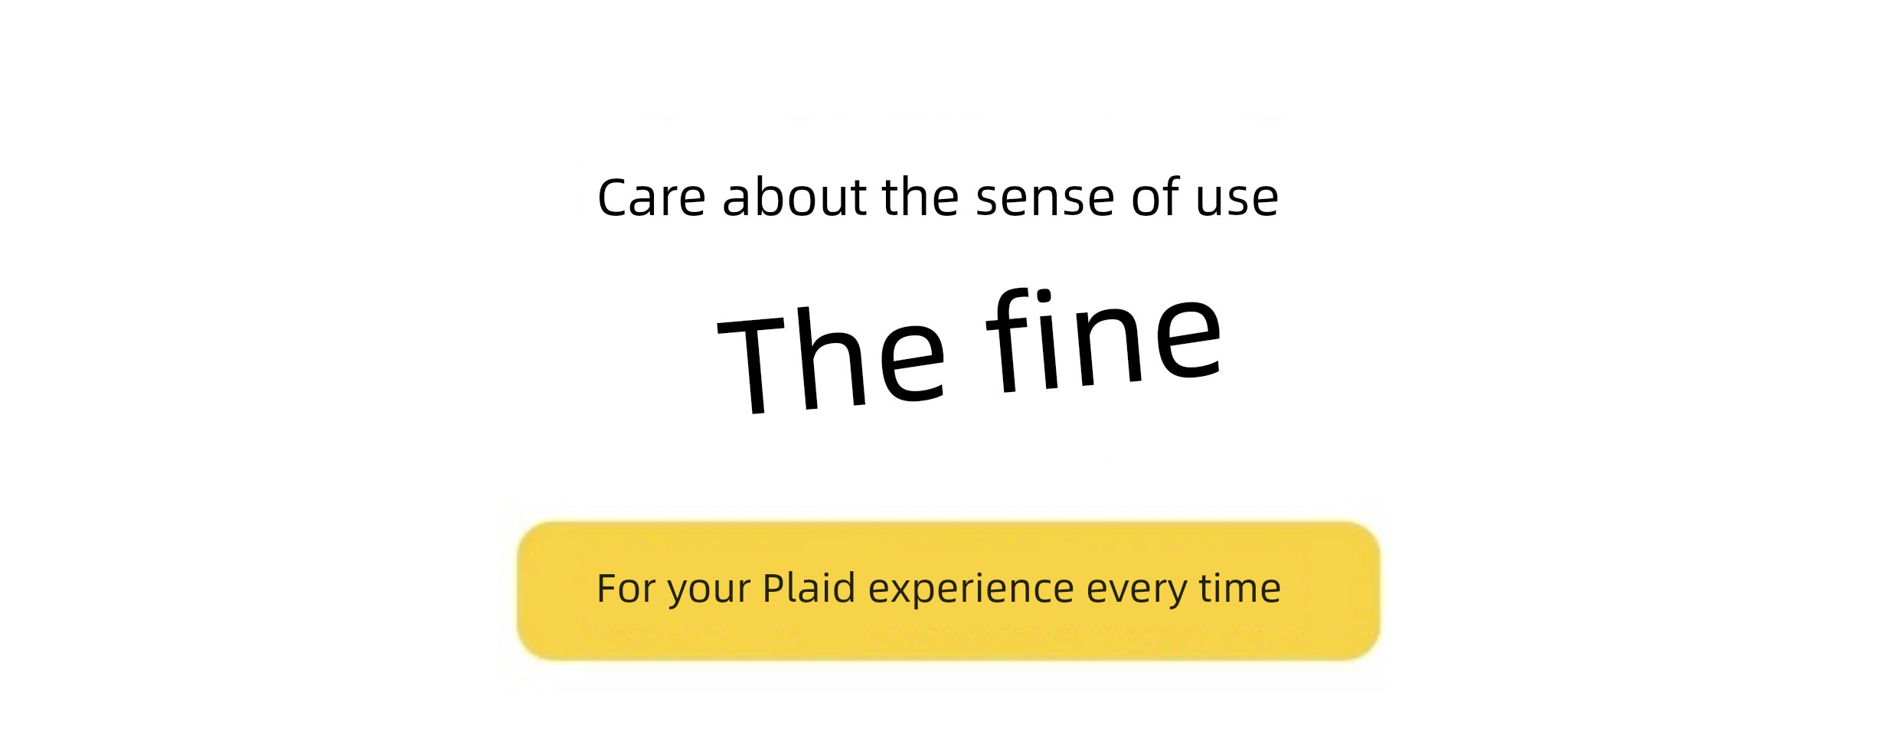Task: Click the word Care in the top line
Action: tap(651, 198)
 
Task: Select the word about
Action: tap(795, 197)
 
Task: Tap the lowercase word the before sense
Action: tap(920, 197)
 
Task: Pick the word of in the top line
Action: tap(1155, 197)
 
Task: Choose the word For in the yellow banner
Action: tap(627, 589)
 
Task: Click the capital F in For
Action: tap(607, 589)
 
